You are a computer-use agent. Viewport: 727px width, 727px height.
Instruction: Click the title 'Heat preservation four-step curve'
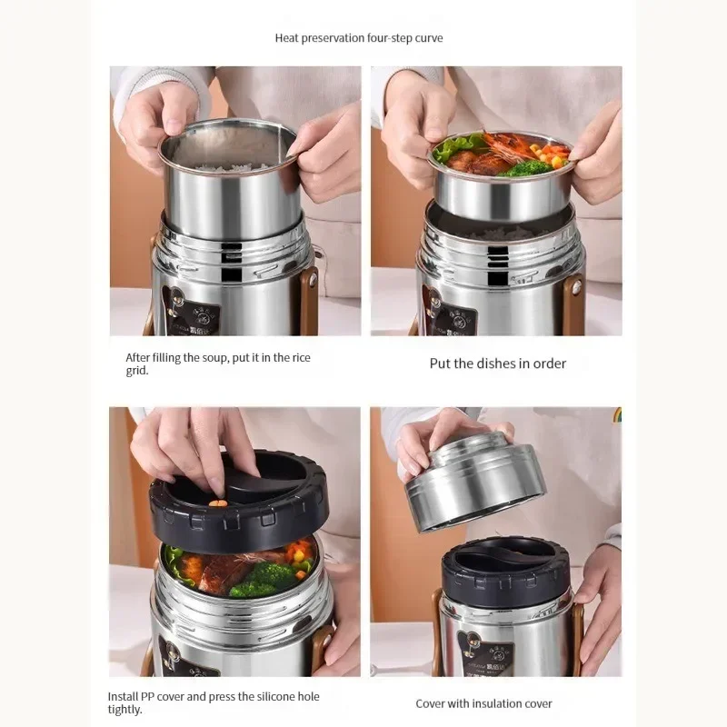click(359, 38)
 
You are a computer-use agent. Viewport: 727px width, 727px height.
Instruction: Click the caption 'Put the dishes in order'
click(497, 363)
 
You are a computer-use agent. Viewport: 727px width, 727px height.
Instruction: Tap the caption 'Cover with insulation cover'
click(483, 703)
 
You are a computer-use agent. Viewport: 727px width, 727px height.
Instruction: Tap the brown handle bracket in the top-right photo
click(573, 300)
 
